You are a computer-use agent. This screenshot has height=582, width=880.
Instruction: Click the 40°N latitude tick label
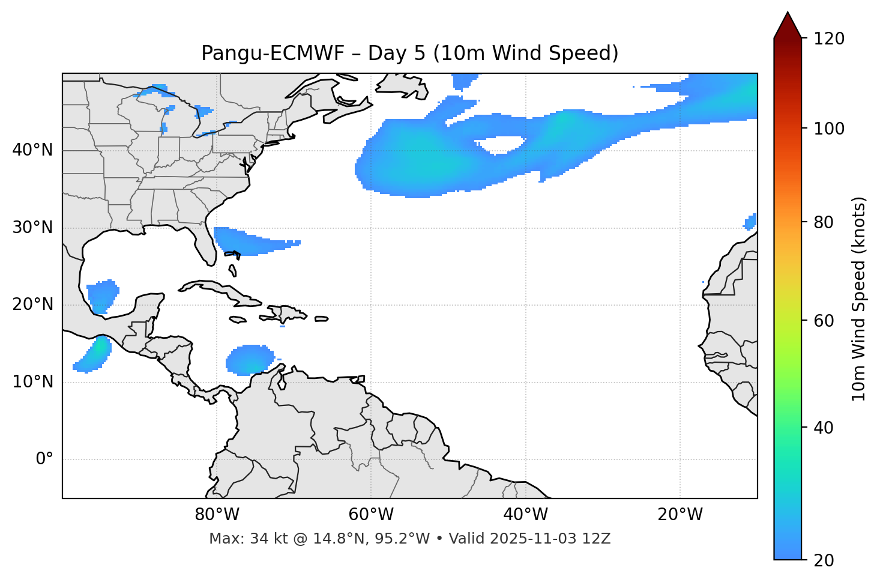(33, 150)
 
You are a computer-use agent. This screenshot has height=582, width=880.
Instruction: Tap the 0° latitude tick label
(44, 459)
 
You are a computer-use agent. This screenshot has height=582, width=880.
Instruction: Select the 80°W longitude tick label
(217, 515)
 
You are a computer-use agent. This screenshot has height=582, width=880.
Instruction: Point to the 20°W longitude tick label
(680, 515)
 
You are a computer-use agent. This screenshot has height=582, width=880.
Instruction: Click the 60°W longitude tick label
(371, 515)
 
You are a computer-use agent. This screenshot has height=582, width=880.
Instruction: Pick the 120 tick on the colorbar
(830, 38)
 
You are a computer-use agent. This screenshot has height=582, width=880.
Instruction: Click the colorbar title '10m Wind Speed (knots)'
(859, 299)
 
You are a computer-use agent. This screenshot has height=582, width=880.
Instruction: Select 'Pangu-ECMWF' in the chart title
(273, 53)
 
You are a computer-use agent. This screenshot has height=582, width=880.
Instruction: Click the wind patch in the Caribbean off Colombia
(248, 360)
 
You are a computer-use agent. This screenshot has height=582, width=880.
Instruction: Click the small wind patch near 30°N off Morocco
(750, 222)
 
